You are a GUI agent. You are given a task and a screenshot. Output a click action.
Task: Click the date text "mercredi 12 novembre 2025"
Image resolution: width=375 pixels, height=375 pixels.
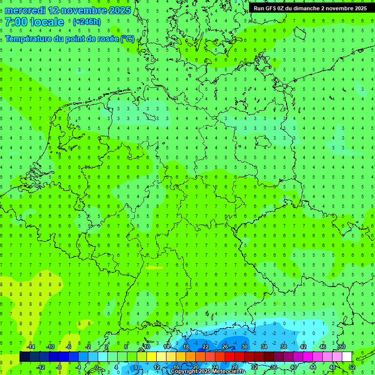click(68, 10)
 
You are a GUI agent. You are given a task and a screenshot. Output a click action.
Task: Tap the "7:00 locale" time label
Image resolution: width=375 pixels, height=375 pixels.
click(34, 22)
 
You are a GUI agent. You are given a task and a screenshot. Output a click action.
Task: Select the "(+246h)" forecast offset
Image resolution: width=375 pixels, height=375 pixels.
click(86, 22)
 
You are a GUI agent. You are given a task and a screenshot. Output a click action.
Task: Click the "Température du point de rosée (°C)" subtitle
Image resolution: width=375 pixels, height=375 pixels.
click(70, 39)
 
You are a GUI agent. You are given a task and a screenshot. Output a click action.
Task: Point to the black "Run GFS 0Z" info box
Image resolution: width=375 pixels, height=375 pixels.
click(311, 8)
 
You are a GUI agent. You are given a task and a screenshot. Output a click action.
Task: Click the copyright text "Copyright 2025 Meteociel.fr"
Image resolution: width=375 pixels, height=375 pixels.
click(208, 372)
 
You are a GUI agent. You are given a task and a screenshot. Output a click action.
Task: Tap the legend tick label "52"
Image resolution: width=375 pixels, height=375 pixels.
click(352, 367)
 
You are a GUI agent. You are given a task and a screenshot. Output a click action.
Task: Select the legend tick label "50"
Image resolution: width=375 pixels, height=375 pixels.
click(342, 347)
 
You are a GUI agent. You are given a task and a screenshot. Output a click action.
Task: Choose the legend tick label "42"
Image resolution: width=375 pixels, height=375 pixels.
click(303, 347)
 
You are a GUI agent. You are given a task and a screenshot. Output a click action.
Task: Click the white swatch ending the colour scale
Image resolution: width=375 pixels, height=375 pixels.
click(347, 357)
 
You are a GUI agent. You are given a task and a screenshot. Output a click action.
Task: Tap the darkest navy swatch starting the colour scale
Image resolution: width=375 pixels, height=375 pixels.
click(24, 357)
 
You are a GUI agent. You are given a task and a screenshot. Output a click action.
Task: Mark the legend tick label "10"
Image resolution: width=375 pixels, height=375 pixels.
click(146, 347)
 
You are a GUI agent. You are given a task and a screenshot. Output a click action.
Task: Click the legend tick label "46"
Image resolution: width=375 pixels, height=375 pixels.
click(322, 347)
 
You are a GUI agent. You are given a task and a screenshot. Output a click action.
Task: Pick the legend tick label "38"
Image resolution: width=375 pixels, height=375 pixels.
click(284, 347)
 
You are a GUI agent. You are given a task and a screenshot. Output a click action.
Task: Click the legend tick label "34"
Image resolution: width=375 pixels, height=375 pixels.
click(264, 347)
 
